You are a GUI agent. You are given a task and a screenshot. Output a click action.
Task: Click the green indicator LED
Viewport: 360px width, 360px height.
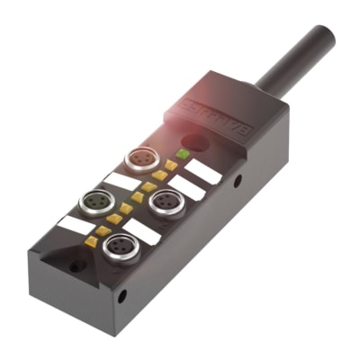183,155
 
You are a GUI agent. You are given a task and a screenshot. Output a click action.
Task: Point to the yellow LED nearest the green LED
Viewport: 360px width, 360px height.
170,166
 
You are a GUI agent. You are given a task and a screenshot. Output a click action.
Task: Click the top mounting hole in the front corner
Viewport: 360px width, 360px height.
77,265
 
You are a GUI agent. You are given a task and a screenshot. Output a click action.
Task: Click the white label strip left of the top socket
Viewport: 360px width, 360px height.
122,179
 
